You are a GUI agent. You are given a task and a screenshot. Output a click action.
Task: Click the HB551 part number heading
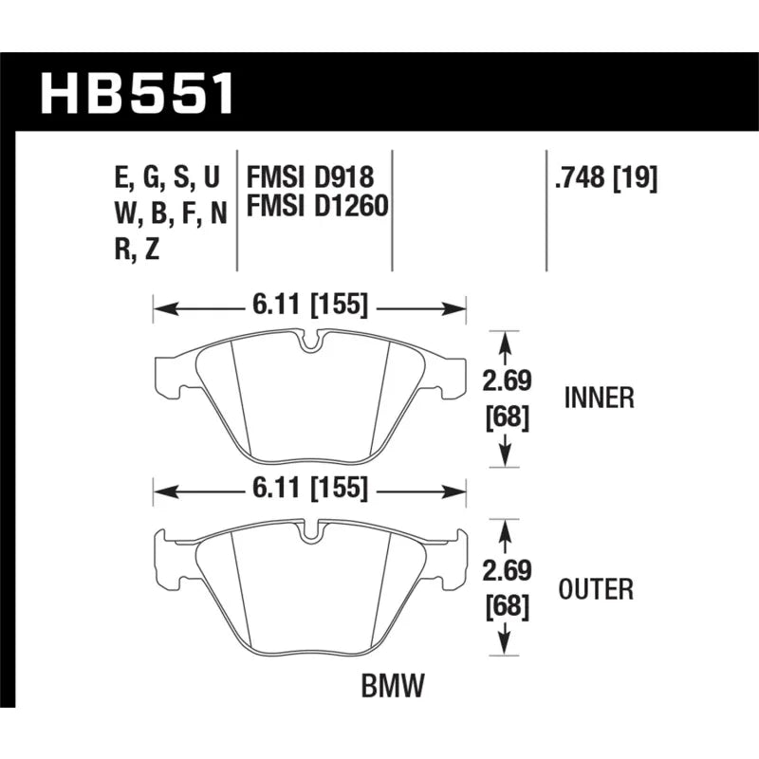coord(137,93)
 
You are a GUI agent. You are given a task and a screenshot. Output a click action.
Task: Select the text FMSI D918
coord(310,176)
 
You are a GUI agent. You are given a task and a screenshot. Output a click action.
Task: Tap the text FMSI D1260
coord(318,205)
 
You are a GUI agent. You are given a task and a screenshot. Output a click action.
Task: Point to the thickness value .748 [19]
coord(606,178)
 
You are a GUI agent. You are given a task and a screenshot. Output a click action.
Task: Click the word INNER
coord(600,398)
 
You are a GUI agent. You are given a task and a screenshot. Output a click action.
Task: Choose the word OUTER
coord(596,589)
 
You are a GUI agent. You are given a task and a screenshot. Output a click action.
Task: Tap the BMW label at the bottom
coord(393,685)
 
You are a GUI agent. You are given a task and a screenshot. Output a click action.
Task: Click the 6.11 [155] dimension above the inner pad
coord(310,305)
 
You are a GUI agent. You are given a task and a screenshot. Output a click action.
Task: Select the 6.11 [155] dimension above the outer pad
coord(310,489)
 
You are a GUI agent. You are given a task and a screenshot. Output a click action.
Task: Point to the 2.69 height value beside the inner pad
coord(507,380)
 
